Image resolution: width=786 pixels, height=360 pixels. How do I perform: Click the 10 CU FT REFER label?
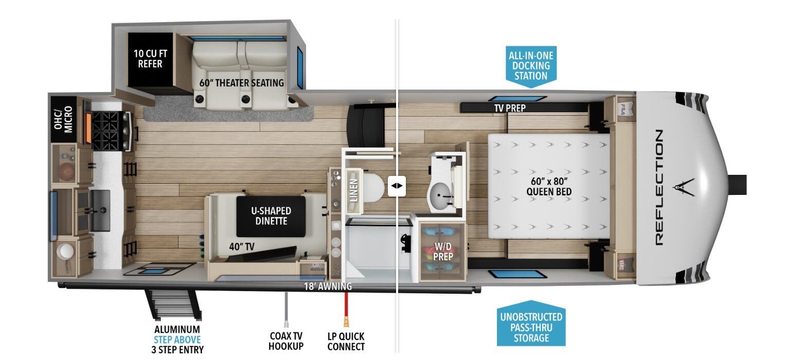click(150, 59)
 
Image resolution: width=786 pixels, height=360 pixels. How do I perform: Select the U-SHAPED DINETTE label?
click(271, 216)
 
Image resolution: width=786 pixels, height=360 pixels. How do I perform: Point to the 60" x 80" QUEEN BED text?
click(549, 186)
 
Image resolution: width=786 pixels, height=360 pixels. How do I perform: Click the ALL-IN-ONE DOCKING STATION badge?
click(531, 66)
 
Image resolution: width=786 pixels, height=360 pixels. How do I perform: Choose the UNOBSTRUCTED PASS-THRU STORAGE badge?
click(531, 323)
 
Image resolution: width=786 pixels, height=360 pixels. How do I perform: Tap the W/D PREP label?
click(443, 251)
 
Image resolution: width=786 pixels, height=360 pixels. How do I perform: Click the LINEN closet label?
click(353, 190)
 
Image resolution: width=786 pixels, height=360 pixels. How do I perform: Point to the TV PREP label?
click(510, 108)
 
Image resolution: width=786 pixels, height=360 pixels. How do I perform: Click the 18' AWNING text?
click(328, 286)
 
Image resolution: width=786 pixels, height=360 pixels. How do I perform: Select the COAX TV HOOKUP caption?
click(286, 341)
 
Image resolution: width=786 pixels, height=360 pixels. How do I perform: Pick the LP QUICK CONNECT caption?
click(346, 341)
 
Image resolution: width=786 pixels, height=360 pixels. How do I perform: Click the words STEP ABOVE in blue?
click(177, 339)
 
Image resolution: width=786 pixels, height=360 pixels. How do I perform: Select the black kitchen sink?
click(100, 210)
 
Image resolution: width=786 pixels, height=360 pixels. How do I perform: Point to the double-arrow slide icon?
click(397, 186)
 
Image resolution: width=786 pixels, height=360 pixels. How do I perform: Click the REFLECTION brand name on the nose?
click(659, 187)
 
